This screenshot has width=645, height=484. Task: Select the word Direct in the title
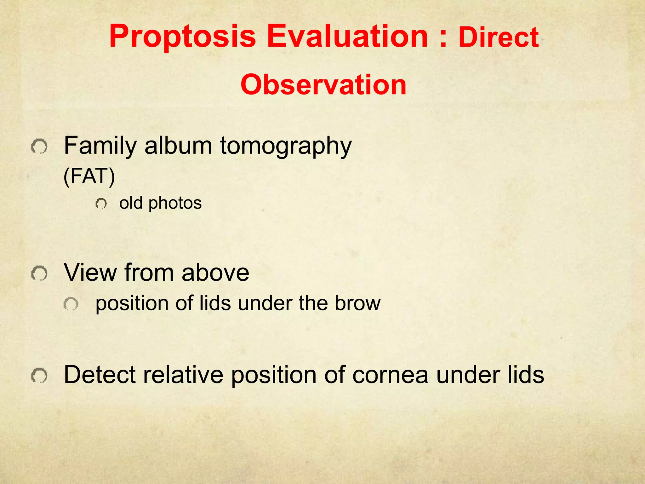(x=499, y=38)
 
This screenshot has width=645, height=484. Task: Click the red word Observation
(x=323, y=85)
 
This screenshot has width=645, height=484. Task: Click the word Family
(x=100, y=146)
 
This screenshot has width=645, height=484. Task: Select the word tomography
(x=285, y=146)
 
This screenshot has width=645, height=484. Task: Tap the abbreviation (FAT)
(x=89, y=176)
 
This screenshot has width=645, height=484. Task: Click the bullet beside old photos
(x=101, y=204)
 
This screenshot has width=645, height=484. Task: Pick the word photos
(x=175, y=203)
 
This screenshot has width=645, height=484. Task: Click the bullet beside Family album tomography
(x=40, y=147)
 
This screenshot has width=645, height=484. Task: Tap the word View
(x=90, y=273)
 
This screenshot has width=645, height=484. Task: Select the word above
(x=215, y=273)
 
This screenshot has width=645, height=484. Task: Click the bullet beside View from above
(x=40, y=273)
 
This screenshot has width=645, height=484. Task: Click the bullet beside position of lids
(x=71, y=304)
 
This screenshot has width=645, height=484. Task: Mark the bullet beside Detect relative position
(x=40, y=376)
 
